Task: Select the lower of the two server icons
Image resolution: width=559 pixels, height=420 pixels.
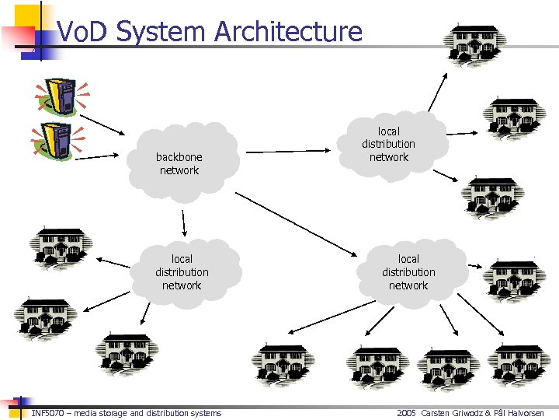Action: click(x=56, y=142)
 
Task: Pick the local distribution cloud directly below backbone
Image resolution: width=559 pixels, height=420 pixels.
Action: click(x=182, y=272)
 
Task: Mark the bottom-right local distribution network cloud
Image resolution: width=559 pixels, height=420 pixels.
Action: click(x=408, y=272)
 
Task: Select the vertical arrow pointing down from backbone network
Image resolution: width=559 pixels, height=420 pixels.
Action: click(x=183, y=222)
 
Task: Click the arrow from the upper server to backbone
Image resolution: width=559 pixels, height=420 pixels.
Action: click(x=108, y=124)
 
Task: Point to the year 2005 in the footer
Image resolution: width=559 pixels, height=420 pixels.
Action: click(x=406, y=413)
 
